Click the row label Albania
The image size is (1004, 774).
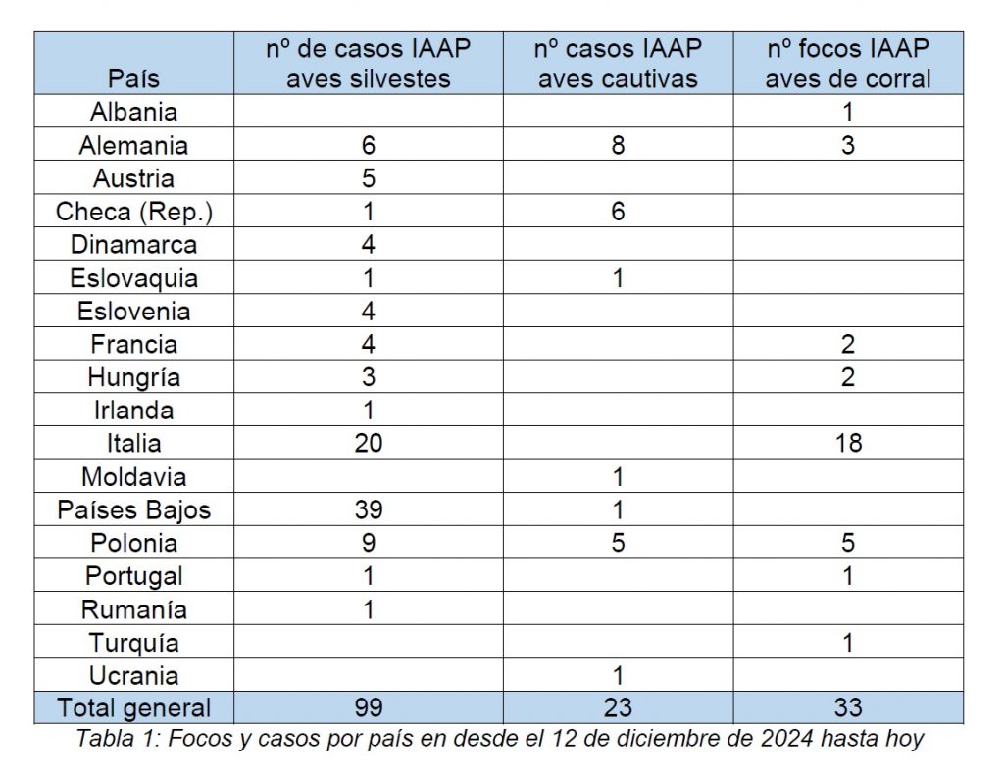(134, 113)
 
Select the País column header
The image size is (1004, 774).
(134, 78)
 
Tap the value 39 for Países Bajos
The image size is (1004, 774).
(369, 510)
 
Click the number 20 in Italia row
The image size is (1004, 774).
(369, 444)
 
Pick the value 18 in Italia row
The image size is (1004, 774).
(848, 444)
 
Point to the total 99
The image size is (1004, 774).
(369, 708)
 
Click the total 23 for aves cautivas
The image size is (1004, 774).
(618, 708)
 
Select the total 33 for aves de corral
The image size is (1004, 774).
(848, 708)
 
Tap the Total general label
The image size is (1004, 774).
(134, 708)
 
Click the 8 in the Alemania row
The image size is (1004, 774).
(618, 146)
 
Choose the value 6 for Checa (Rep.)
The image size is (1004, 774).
(618, 213)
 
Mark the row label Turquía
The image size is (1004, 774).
(134, 643)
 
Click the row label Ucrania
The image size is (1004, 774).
(134, 676)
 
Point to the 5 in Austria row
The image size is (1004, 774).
(369, 179)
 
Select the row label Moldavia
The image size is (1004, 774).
(134, 477)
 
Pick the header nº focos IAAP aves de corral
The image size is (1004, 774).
(848, 64)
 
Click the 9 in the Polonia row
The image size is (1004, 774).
(369, 543)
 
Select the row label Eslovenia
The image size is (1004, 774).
(134, 312)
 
